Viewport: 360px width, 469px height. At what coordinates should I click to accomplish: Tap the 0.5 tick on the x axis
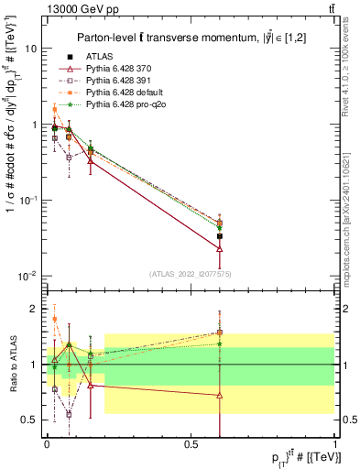click(191, 442)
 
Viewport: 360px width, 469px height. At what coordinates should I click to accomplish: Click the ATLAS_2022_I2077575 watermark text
click(191, 273)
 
